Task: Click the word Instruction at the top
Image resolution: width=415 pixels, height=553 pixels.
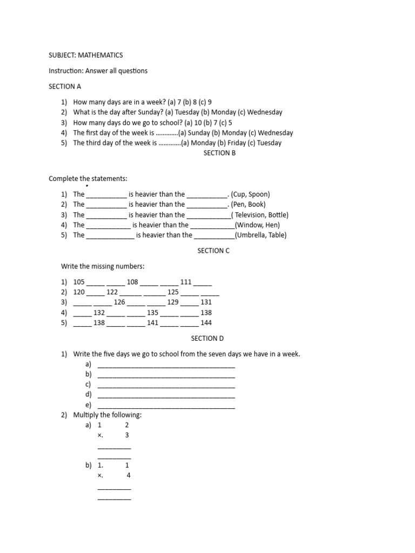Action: (65, 71)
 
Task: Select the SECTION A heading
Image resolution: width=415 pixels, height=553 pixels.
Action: (65, 86)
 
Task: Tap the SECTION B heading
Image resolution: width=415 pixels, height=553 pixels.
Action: (219, 153)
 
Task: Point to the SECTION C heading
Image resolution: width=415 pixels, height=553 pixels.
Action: (213, 251)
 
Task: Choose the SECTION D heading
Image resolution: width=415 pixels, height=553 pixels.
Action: (207, 339)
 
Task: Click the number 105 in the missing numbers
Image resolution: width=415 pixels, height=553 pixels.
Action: (79, 282)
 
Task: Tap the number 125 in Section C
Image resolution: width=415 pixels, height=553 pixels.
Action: (173, 292)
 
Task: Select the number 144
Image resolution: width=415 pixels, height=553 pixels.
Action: (206, 323)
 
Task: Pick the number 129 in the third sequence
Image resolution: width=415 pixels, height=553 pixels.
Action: (173, 302)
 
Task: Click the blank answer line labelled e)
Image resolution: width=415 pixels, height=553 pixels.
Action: (166, 406)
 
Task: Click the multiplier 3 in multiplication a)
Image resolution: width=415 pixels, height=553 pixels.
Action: (127, 435)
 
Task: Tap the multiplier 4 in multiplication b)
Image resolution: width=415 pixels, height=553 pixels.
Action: (129, 476)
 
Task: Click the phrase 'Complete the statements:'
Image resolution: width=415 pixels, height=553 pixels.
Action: (88, 179)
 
